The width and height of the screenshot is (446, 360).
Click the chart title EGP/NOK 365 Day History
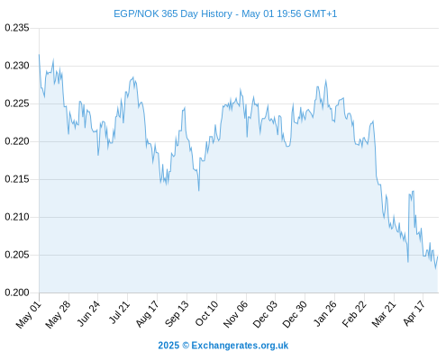click(173, 13)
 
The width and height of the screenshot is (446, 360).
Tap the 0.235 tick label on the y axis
click(17, 28)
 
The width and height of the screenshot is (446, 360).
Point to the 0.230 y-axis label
click(17, 66)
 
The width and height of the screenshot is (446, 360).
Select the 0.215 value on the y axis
click(17, 179)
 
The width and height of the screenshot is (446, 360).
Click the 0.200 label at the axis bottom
click(17, 292)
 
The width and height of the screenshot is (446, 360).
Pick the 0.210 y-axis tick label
click(17, 217)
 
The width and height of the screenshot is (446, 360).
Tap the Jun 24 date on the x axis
click(88, 313)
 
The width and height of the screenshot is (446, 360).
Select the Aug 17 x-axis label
click(147, 314)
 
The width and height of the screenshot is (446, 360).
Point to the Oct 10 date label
click(206, 313)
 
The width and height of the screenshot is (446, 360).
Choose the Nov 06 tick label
click(235, 314)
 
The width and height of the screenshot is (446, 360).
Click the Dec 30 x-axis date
click(295, 314)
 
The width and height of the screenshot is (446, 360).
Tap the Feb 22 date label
click(354, 314)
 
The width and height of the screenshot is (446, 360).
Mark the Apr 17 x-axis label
click(414, 313)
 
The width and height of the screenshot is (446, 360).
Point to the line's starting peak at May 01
click(39, 55)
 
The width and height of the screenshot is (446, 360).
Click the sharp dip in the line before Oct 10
click(199, 190)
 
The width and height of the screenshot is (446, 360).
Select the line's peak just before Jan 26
click(325, 80)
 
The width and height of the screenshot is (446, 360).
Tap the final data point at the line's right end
click(438, 256)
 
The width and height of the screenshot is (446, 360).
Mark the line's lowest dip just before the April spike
click(408, 262)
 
